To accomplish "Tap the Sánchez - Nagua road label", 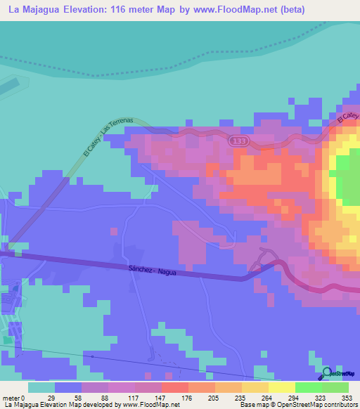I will click(x=153, y=271).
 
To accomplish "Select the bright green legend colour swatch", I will click(x=309, y=387).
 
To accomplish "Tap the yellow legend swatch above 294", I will click(x=282, y=387).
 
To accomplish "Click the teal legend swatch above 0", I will click(x=41, y=387).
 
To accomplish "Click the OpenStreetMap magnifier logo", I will click(x=326, y=372).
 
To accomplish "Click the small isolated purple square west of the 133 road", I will click(x=113, y=230).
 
